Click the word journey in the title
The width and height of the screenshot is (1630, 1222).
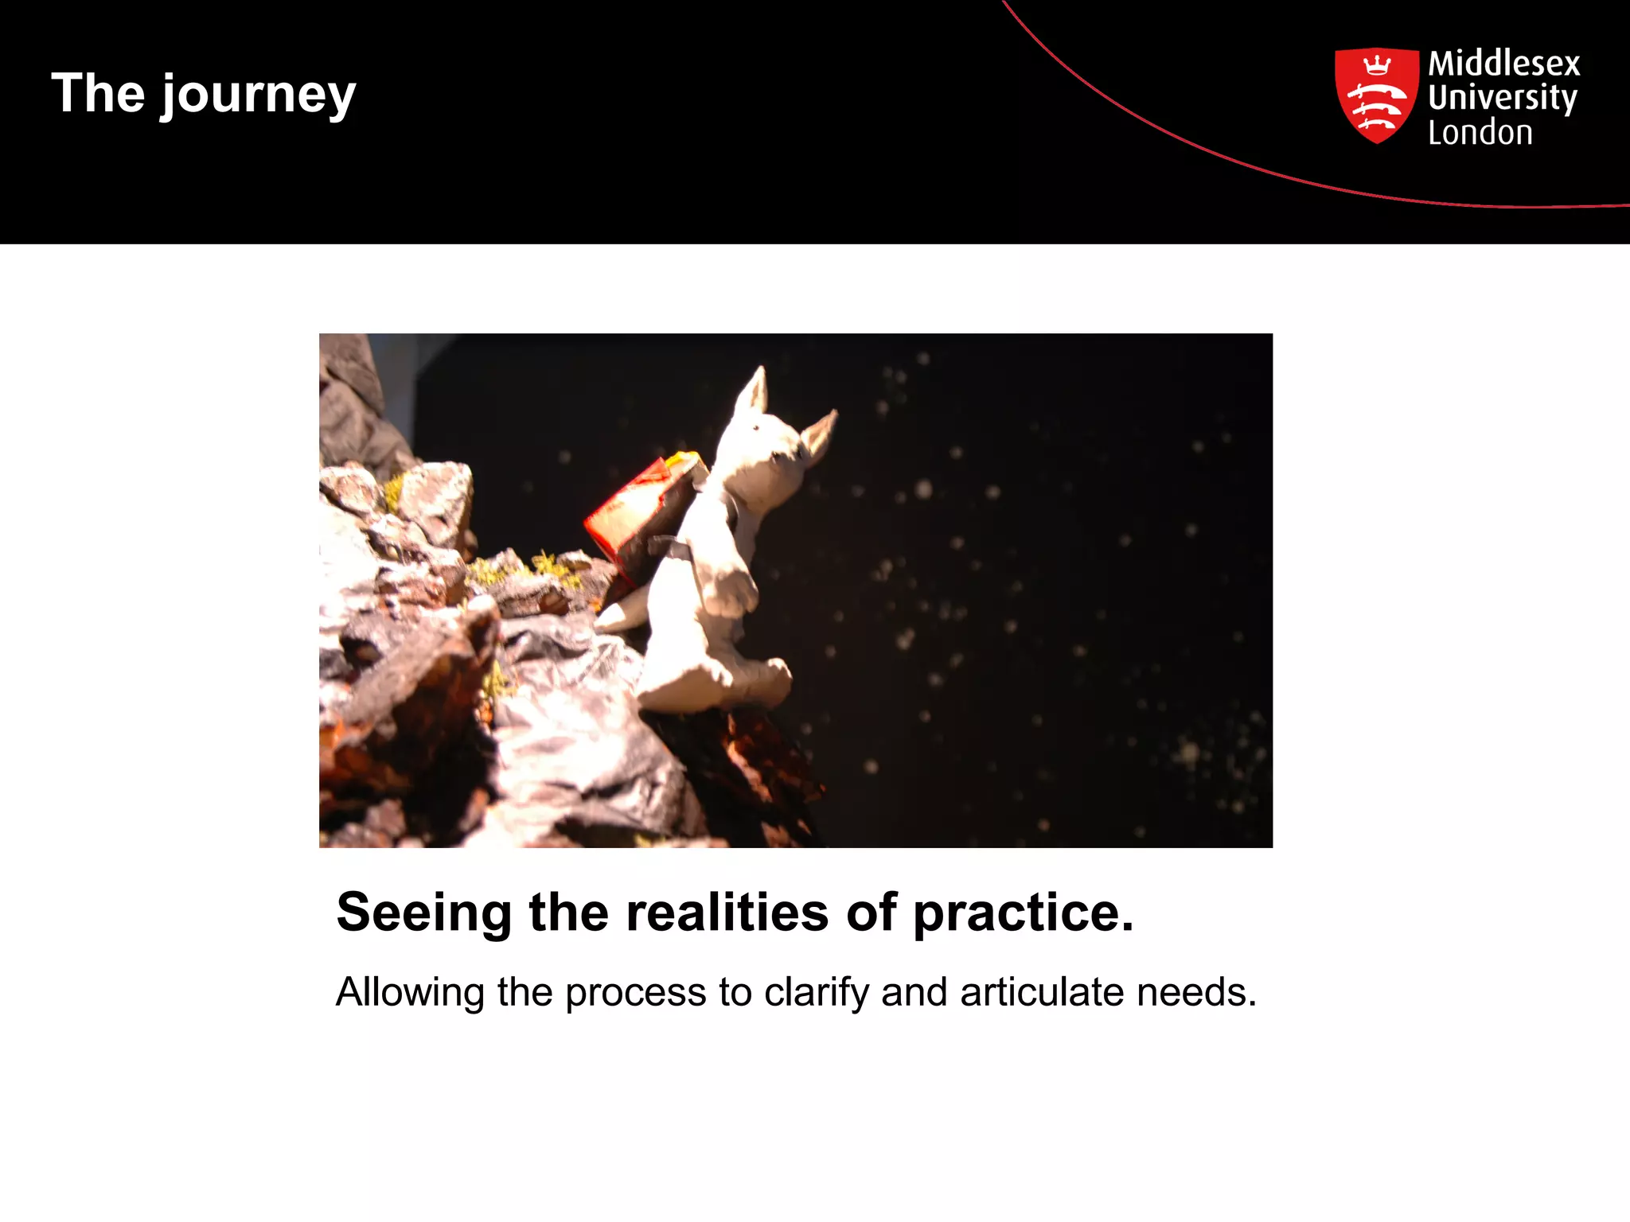pyautogui.click(x=259, y=95)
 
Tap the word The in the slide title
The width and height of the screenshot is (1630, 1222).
pyautogui.click(x=98, y=93)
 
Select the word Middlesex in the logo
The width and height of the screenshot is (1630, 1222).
pyautogui.click(x=1503, y=64)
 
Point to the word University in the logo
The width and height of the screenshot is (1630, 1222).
pyautogui.click(x=1502, y=98)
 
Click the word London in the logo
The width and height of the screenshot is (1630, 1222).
pyautogui.click(x=1480, y=133)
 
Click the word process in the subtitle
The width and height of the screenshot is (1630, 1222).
pyautogui.click(x=635, y=993)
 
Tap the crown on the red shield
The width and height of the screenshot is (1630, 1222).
pyautogui.click(x=1376, y=64)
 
